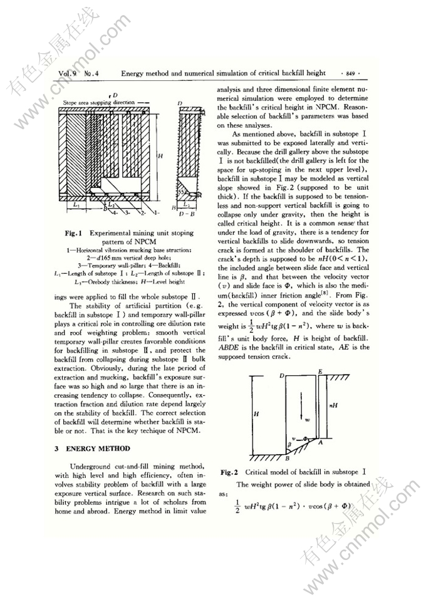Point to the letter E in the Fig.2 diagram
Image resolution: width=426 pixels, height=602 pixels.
pyautogui.click(x=320, y=371)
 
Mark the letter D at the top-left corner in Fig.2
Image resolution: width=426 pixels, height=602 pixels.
pyautogui.click(x=283, y=375)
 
